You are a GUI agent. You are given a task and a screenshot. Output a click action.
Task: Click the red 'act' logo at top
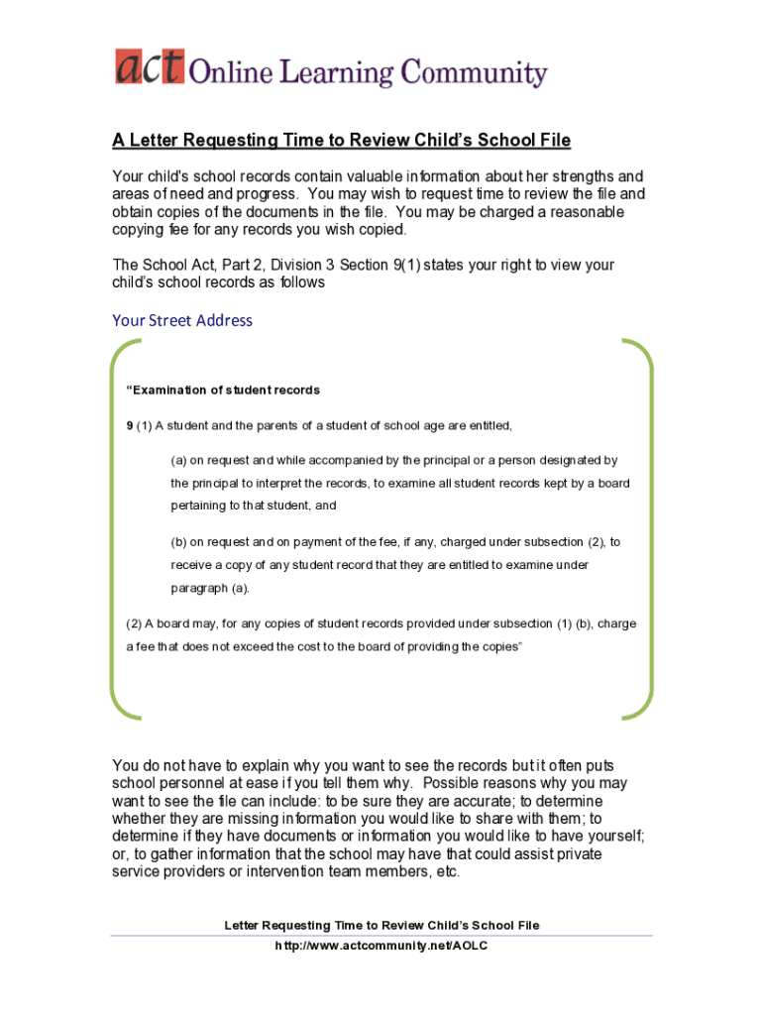(148, 67)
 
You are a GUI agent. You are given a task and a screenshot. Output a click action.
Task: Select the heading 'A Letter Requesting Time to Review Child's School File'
(341, 141)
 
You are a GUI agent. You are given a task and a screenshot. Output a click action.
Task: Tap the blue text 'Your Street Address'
(182, 320)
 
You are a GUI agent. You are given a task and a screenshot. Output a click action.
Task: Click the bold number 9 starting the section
(129, 425)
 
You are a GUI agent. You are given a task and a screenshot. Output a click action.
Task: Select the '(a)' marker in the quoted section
(178, 460)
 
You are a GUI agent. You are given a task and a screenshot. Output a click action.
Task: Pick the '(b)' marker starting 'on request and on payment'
(178, 542)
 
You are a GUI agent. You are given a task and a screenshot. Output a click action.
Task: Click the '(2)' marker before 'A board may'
(134, 623)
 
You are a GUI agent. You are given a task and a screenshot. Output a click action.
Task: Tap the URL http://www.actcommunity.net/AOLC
(381, 946)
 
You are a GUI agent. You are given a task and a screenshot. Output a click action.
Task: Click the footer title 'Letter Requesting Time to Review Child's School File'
(381, 925)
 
